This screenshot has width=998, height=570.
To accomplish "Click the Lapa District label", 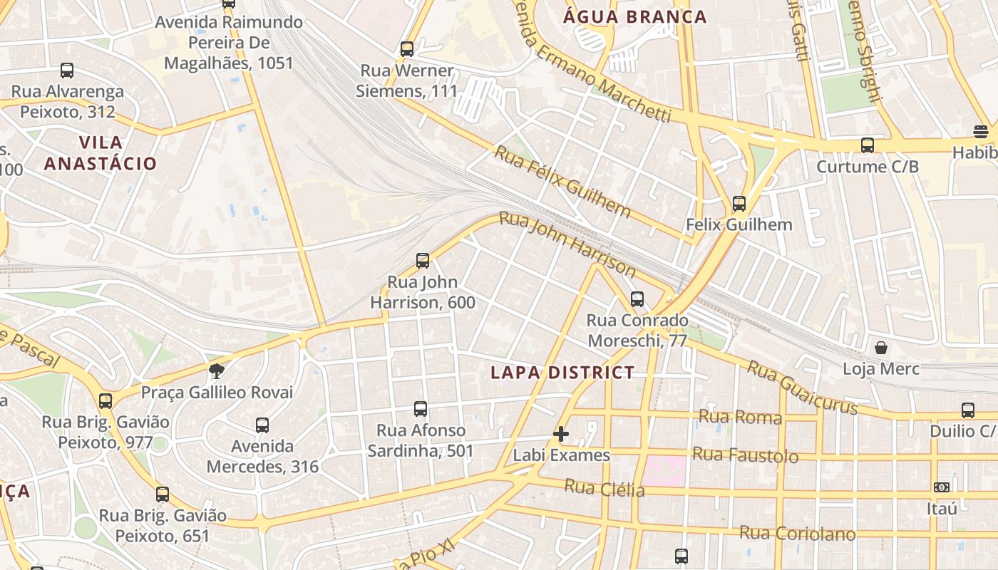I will point(562,372).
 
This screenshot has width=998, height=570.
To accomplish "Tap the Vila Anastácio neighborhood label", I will point(101,152).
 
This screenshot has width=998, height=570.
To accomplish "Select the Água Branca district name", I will point(634,16).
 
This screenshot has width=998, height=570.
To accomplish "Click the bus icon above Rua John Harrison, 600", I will point(423,261).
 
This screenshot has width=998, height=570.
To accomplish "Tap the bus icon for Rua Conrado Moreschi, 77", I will point(637,299).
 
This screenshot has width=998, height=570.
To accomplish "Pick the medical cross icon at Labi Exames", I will point(561,433).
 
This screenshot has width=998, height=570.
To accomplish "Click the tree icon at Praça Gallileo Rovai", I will point(217,370).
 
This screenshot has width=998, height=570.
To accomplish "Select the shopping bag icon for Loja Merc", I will point(881,348).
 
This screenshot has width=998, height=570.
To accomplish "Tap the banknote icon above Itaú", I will point(942,487).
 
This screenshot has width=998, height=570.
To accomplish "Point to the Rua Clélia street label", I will point(605,489).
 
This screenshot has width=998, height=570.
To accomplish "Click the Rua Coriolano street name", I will point(797,533).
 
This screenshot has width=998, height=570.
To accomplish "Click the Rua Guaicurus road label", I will point(801,387).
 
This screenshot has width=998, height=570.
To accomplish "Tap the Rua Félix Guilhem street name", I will point(562,181).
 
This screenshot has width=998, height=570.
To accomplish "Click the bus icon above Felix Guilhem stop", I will point(739,204).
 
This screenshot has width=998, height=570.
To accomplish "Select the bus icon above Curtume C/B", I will point(868,145).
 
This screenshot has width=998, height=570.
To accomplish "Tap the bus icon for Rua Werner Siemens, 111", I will point(407,49).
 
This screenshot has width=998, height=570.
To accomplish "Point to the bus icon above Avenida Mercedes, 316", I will point(262,425).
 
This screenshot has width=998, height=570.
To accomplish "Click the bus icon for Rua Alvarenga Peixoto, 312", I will point(67,71).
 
